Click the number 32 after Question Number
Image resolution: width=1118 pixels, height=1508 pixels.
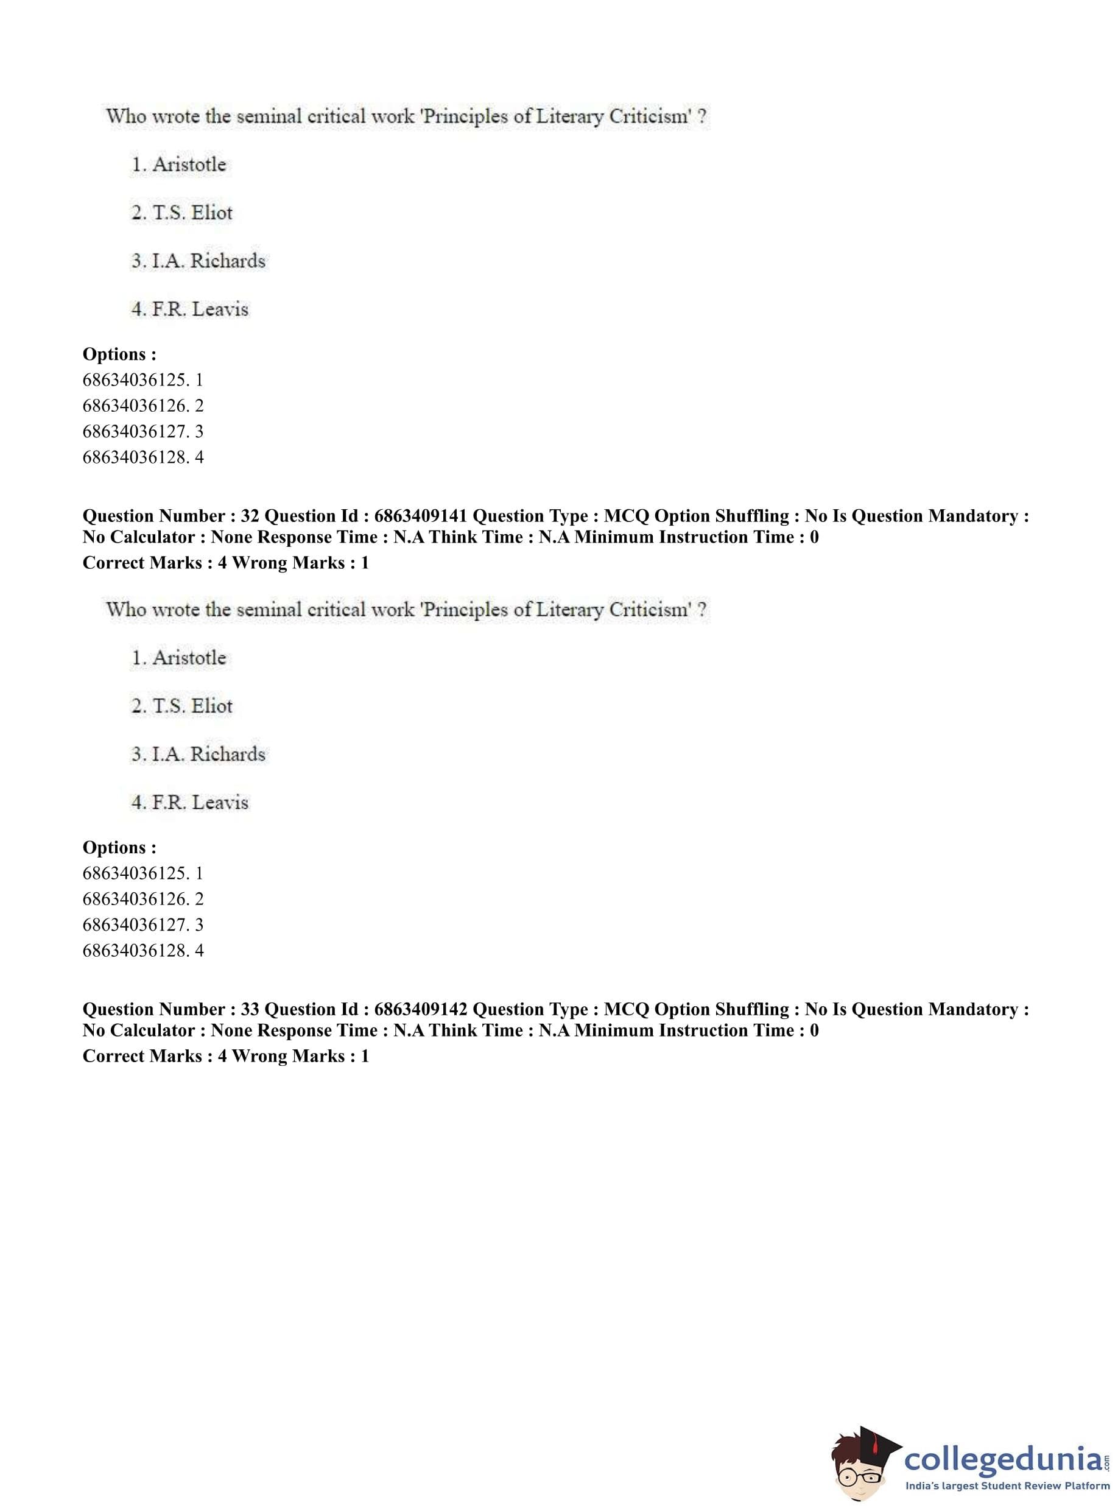[250, 516]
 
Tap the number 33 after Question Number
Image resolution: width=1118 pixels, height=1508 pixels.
[250, 1010]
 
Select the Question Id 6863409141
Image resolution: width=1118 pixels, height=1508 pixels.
[420, 516]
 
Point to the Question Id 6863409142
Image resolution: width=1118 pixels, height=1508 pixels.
[420, 1010]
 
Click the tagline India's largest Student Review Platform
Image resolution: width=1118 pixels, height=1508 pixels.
[1008, 1486]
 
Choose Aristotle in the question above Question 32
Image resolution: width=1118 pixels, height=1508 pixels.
[189, 164]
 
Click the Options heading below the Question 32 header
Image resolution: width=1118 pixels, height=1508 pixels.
[119, 848]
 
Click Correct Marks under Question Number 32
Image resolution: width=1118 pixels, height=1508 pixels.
[142, 563]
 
